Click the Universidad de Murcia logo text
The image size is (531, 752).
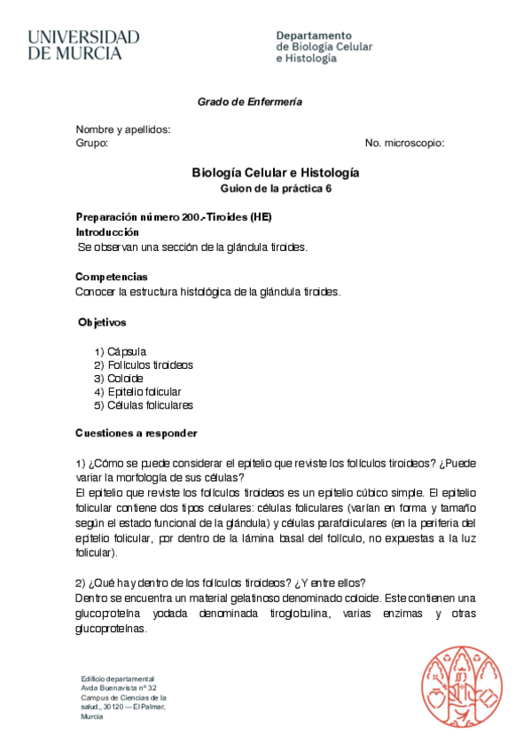[83, 44]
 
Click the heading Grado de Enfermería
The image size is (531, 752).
[249, 102]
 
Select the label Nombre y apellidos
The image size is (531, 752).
[122, 129]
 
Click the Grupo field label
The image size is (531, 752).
[91, 143]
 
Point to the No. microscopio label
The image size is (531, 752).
[404, 143]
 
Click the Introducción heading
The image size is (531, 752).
[107, 231]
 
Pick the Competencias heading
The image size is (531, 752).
[112, 278]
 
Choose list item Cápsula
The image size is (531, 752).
[127, 351]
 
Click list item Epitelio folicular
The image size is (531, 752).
[144, 392]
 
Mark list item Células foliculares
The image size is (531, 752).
[150, 405]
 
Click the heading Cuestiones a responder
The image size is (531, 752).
[136, 434]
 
